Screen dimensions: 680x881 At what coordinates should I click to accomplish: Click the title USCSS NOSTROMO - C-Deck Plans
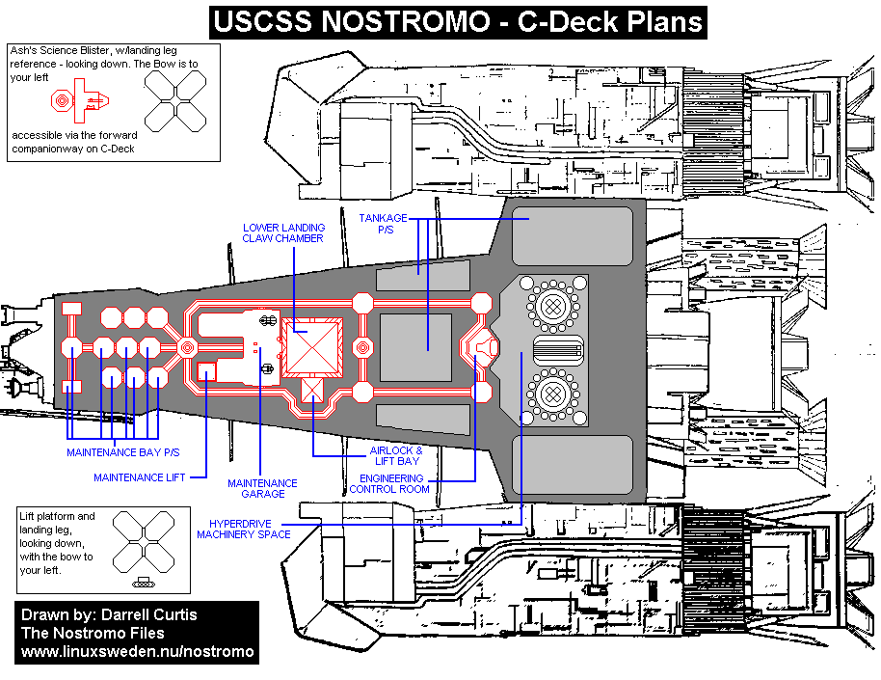coord(458,22)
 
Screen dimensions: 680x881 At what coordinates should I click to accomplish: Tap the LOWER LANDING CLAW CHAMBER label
coord(282,232)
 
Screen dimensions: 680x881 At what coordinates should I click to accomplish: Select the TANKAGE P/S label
coord(384,225)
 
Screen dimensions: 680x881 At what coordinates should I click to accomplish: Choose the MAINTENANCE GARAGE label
coord(262,488)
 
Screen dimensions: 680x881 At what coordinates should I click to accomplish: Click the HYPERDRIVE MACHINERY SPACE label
coord(243,529)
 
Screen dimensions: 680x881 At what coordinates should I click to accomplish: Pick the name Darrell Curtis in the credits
coord(145,614)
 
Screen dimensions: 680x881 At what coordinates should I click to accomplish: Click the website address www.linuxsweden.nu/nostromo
coord(138,652)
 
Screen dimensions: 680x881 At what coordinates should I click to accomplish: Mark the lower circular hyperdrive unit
coord(552,393)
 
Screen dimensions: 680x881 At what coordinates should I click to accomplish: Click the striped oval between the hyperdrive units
coord(558,349)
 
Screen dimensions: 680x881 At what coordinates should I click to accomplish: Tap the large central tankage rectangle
coord(415,346)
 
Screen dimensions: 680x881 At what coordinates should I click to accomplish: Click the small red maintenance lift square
coord(205,371)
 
